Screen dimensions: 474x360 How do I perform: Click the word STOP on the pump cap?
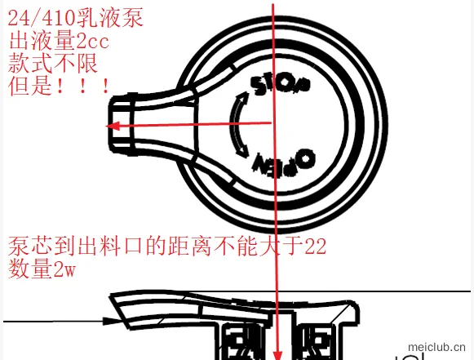tap(280, 85)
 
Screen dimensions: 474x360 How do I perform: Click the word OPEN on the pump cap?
tap(284, 163)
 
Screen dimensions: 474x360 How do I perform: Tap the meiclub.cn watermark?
tap(436, 347)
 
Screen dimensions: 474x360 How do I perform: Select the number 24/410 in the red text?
tap(42, 18)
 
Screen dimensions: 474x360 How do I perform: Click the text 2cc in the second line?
tap(92, 42)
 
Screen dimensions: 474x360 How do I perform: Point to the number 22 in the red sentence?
tap(315, 247)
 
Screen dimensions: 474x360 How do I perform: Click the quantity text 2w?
tap(64, 269)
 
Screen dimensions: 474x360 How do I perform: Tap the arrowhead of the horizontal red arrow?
tap(113, 126)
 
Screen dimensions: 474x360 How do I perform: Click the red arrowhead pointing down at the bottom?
tap(277, 355)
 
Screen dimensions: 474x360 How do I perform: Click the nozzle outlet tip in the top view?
tap(111, 125)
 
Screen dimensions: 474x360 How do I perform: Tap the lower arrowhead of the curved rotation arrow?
tap(243, 151)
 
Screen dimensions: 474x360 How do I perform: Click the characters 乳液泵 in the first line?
tap(110, 18)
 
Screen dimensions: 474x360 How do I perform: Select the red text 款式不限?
tap(53, 64)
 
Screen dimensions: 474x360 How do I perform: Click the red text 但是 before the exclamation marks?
tap(30, 86)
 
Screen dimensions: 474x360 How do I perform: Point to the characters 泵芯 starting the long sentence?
tap(30, 247)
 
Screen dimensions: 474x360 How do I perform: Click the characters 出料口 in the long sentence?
tap(110, 247)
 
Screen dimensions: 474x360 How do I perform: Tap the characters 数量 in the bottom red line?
tap(30, 269)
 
